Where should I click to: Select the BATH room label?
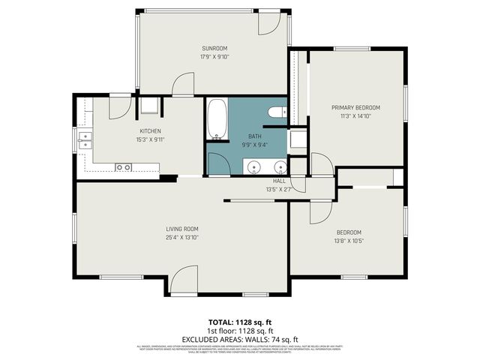click(244, 136)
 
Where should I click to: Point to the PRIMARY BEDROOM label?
click(355, 108)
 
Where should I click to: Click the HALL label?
click(279, 181)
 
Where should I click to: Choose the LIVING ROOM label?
click(181, 229)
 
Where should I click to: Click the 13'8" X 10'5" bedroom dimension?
click(349, 240)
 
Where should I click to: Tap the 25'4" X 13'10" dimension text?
click(181, 237)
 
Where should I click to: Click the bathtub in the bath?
click(218, 120)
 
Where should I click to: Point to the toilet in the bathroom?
click(275, 112)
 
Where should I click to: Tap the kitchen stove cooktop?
click(123, 166)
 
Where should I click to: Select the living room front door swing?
click(183, 280)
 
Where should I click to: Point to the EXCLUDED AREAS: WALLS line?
click(240, 338)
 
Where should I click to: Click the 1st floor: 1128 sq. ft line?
click(240, 331)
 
